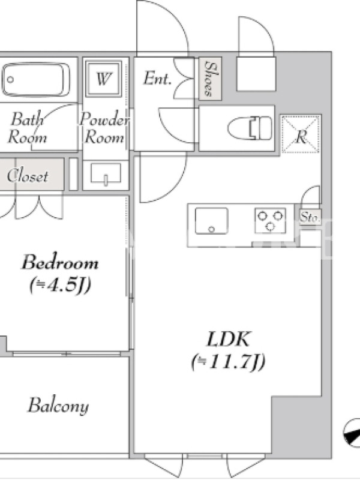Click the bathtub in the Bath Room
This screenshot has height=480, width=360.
click(x=36, y=79)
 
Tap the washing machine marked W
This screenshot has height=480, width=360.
click(x=103, y=79)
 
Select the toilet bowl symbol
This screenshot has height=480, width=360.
click(x=250, y=128)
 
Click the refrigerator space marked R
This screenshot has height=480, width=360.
click(x=301, y=134)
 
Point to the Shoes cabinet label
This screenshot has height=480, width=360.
click(x=210, y=79)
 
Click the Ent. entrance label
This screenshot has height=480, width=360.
click(x=157, y=78)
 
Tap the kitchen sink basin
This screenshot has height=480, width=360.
click(x=212, y=221)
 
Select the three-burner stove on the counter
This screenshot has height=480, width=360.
click(x=271, y=220)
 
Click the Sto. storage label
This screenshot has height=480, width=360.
click(x=310, y=217)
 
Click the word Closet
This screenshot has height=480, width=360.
click(x=28, y=176)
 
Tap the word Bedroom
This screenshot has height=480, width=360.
click(x=60, y=262)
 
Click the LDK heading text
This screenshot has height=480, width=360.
click(x=228, y=339)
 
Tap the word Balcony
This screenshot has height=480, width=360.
click(x=58, y=406)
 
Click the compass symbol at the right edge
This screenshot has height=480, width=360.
click(x=352, y=432)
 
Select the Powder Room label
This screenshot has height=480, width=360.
click(x=104, y=128)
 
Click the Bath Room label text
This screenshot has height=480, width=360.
click(x=27, y=128)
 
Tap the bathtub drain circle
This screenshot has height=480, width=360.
click(x=10, y=80)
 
